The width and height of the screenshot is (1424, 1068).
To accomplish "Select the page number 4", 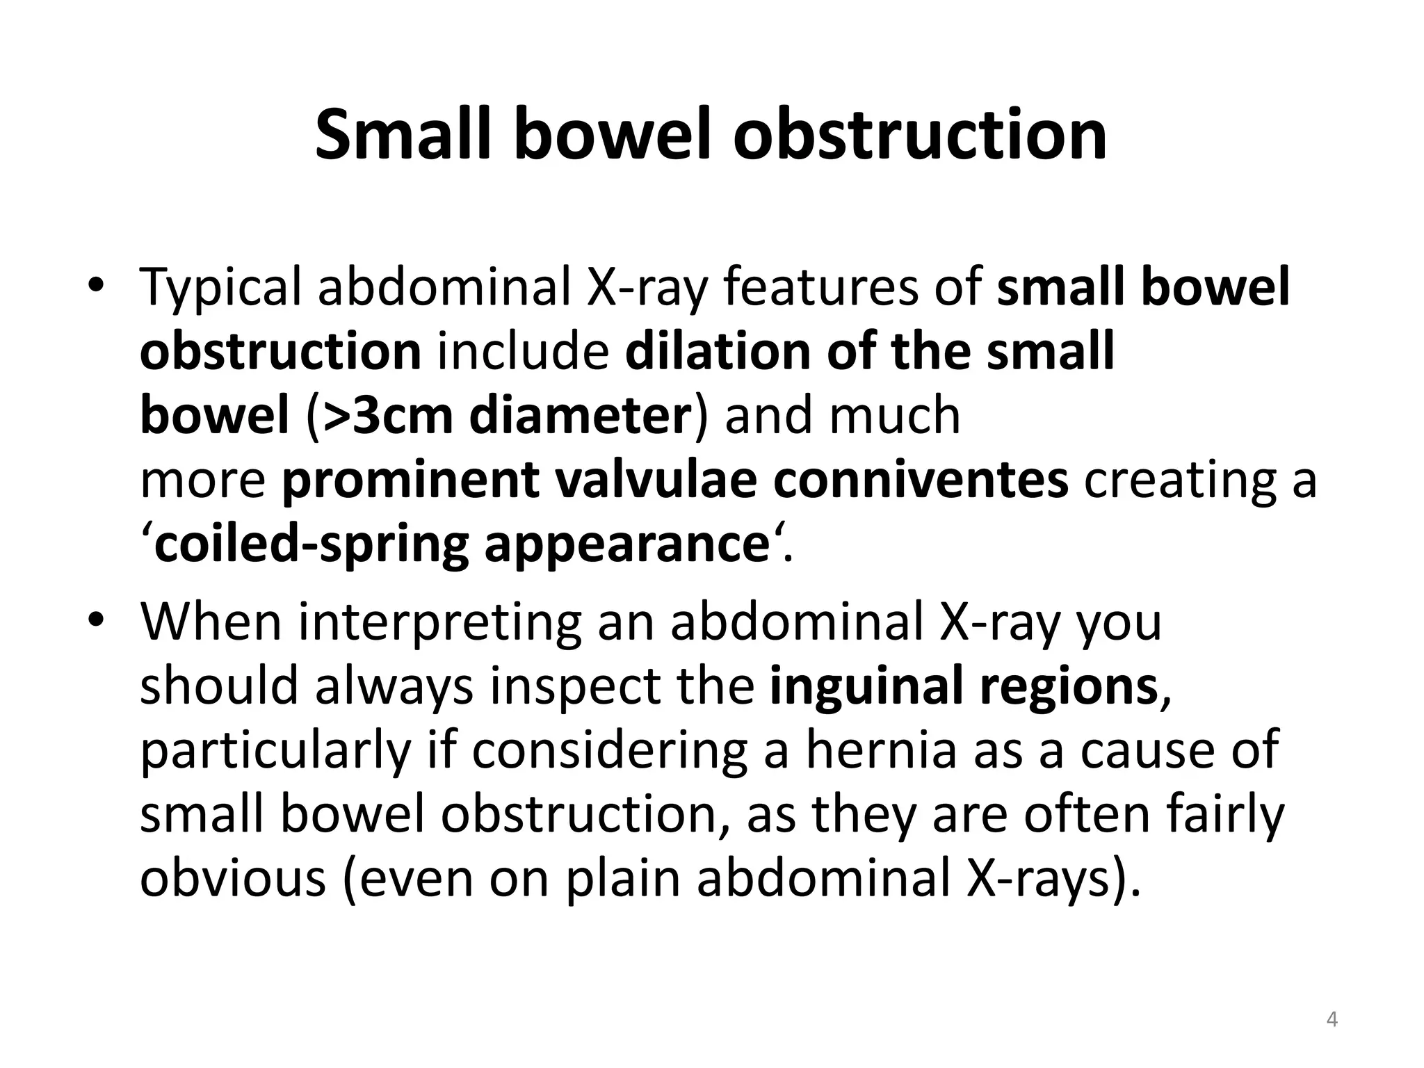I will [x=1332, y=1020].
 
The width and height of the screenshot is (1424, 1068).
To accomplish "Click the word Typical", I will [x=220, y=288].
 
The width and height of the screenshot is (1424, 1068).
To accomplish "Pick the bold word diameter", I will [x=580, y=416].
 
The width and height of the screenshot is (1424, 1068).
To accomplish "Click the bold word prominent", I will [x=410, y=480].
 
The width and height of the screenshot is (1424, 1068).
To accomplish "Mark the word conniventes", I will [x=921, y=480].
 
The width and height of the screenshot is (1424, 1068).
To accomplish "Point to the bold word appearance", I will [x=626, y=545].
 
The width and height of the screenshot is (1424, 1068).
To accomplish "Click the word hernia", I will [x=880, y=750].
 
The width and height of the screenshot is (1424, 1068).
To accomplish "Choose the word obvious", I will [x=233, y=877].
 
